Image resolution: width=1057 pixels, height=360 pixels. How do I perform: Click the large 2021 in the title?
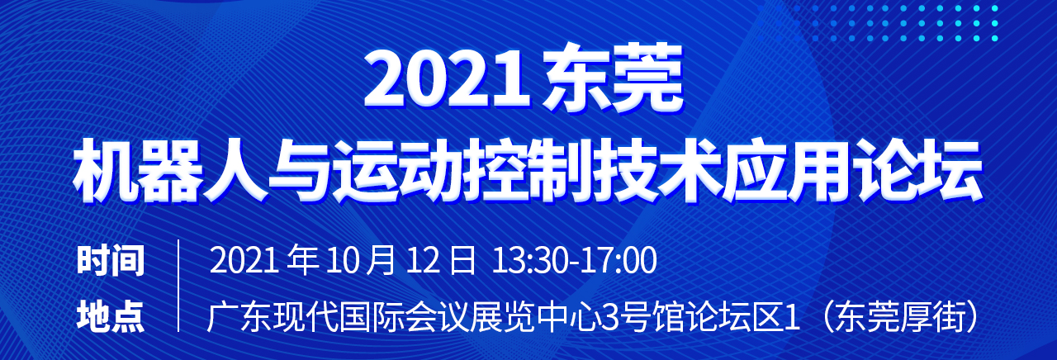pos(447,78)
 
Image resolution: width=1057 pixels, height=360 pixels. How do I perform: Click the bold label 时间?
pos(111,260)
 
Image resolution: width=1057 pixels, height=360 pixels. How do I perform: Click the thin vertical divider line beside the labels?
pos(178,285)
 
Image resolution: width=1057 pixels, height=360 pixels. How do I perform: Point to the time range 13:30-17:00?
pos(574,260)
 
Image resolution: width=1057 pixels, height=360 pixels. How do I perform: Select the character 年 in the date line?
pos(302,260)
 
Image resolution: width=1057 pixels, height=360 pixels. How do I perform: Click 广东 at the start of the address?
pos(239,316)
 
